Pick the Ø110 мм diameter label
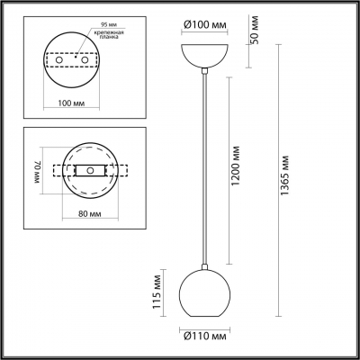coord(211,338)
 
